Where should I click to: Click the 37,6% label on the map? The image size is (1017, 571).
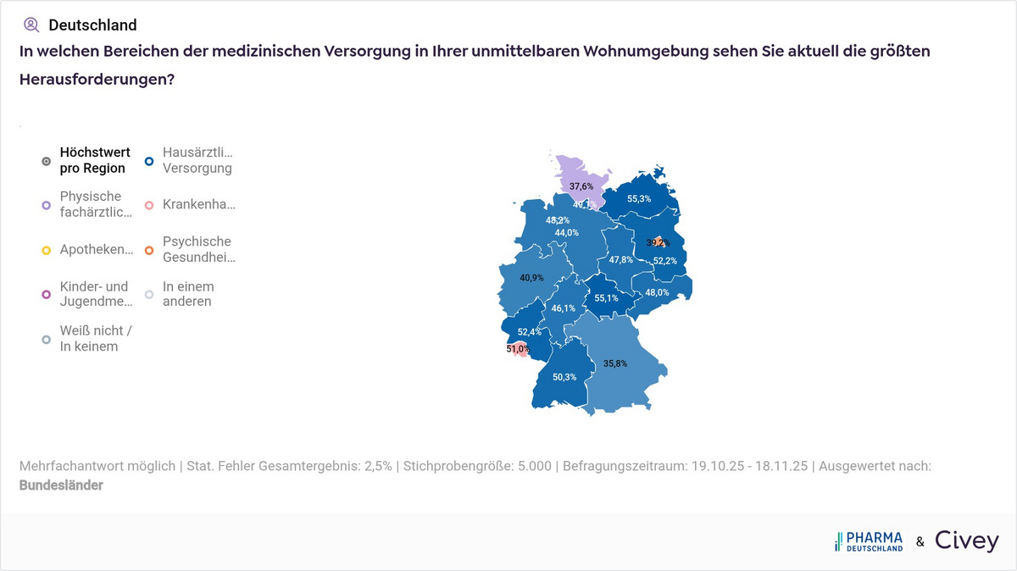[581, 186]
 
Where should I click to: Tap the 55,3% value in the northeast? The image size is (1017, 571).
[639, 199]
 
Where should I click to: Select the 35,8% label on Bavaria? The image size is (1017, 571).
[615, 363]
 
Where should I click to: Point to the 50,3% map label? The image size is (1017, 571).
[564, 377]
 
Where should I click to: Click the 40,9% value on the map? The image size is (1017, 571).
[531, 278]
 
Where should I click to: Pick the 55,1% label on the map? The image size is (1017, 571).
[606, 298]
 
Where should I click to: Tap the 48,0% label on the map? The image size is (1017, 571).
[657, 293]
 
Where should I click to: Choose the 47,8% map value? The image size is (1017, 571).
[621, 260]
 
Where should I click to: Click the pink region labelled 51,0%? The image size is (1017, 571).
[518, 349]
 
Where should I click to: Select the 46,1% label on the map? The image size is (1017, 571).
[564, 308]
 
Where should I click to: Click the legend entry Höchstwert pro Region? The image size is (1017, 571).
[94, 160]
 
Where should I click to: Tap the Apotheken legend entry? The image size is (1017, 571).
[96, 250]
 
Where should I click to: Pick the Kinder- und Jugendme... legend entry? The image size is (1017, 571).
[93, 294]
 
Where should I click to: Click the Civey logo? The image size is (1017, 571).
[966, 541]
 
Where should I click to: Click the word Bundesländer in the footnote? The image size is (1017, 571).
[61, 485]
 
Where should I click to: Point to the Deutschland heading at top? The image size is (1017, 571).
[92, 25]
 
